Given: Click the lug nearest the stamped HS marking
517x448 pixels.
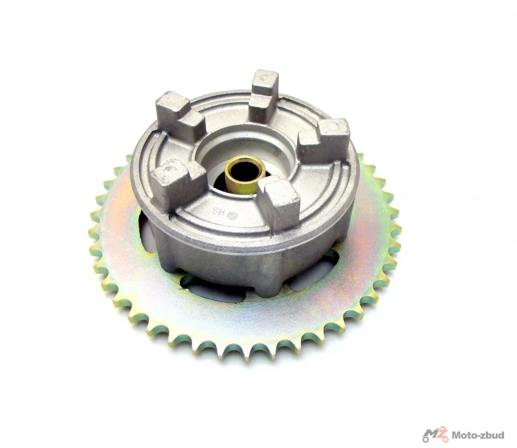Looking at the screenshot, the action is point(280,205).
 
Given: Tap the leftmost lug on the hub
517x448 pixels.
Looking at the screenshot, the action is point(174,180).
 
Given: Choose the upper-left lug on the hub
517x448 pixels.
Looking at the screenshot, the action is point(180,113).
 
